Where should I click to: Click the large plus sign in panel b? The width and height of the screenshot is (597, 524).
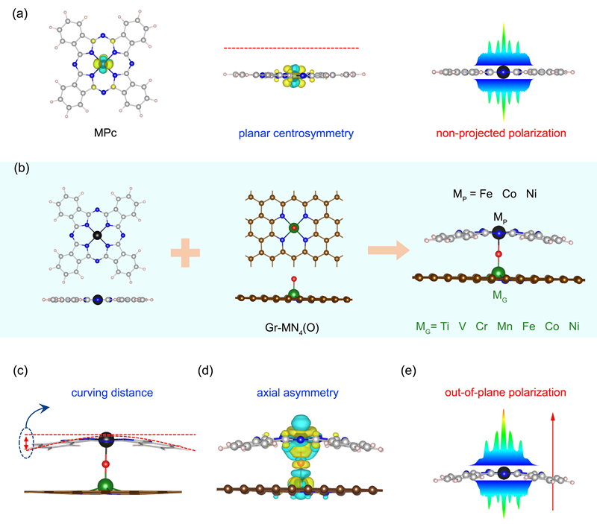pyautogui.click(x=187, y=253)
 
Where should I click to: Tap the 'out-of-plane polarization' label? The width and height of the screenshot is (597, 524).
pyautogui.click(x=502, y=393)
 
